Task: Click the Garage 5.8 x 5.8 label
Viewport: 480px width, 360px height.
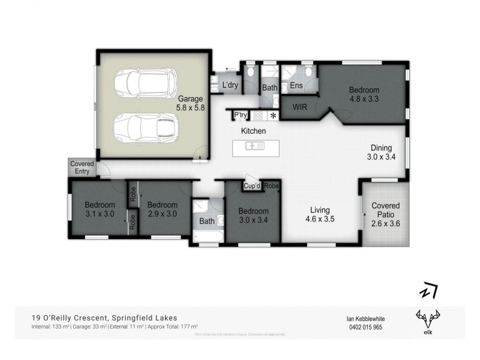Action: pyautogui.click(x=190, y=103)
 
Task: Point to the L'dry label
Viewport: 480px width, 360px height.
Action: pyautogui.click(x=230, y=86)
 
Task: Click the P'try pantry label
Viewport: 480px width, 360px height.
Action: pyautogui.click(x=241, y=115)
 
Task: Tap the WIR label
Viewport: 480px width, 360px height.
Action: pyautogui.click(x=300, y=107)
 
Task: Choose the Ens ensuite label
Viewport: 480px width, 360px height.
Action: pyautogui.click(x=296, y=86)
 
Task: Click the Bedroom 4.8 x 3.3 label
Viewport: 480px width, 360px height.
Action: pyautogui.click(x=364, y=95)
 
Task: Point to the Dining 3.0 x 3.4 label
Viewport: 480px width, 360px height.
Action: pyautogui.click(x=381, y=153)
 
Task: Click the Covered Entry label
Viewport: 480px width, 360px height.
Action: pyautogui.click(x=82, y=167)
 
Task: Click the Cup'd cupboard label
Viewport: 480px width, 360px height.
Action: pyautogui.click(x=251, y=186)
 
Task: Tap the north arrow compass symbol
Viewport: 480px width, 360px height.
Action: pyautogui.click(x=428, y=291)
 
